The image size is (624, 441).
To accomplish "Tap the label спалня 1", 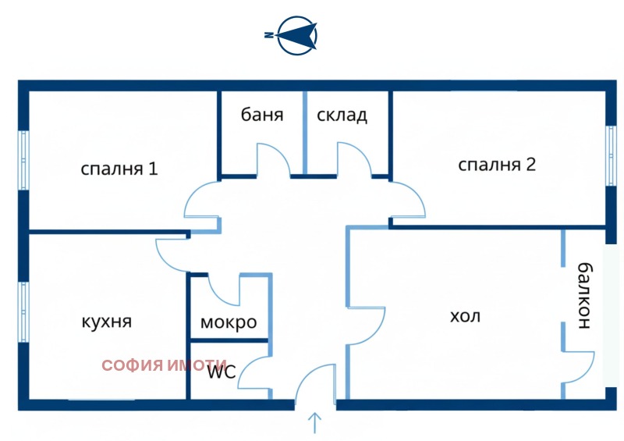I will (x=119, y=168).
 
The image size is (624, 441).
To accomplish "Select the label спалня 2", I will (x=497, y=165).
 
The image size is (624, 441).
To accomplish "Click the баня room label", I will (x=261, y=115).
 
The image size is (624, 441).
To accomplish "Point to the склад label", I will (x=342, y=115).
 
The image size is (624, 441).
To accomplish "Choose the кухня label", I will (x=105, y=322).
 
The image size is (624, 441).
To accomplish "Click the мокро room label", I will (x=229, y=322).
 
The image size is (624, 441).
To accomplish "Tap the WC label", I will (x=221, y=372).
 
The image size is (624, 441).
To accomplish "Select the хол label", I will (x=466, y=316).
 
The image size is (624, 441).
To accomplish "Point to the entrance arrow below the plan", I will (x=315, y=422).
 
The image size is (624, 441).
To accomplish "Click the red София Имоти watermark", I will (x=164, y=365).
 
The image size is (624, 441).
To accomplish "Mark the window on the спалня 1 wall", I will (x=24, y=160).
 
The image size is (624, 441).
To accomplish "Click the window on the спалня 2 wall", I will (x=611, y=155).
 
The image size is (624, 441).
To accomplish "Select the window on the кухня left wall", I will (x=24, y=310).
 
